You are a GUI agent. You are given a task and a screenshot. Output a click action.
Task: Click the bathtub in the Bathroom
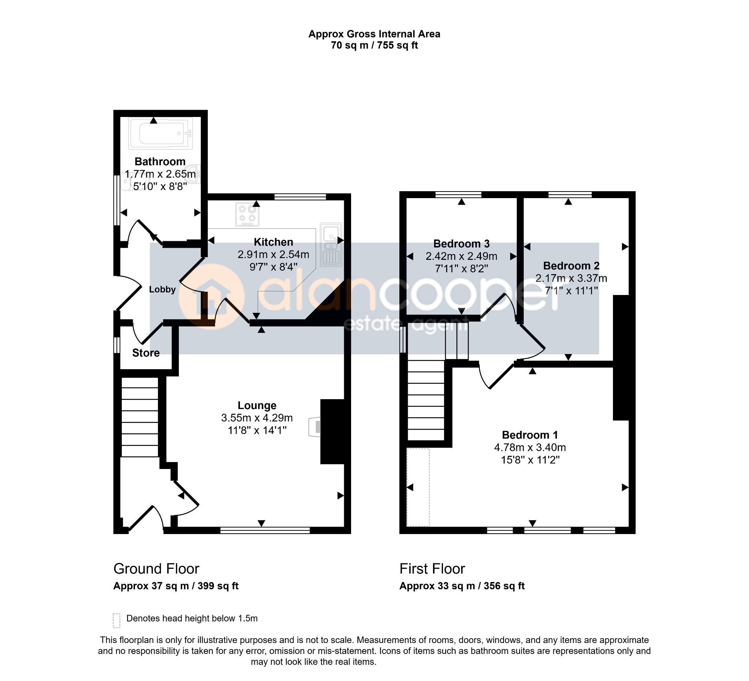(x=161, y=133)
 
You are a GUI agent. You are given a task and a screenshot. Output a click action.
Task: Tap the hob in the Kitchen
(x=248, y=214)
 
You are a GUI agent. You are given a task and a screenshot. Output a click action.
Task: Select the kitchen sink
(x=331, y=245)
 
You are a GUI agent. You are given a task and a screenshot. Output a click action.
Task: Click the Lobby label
(x=162, y=290)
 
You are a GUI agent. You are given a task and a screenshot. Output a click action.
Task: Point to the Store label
(x=146, y=353)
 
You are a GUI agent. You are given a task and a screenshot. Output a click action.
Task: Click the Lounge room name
(x=257, y=405)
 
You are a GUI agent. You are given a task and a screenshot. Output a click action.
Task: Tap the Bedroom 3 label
(x=462, y=244)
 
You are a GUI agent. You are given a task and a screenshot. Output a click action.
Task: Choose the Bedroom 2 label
(x=571, y=266)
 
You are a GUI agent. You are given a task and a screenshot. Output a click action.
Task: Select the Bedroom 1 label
(x=530, y=435)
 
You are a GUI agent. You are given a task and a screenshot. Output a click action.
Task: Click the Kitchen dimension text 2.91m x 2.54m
(x=274, y=254)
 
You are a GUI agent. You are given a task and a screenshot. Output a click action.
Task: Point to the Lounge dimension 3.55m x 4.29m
(x=257, y=418)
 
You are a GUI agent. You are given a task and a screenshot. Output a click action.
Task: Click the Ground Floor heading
(x=157, y=569)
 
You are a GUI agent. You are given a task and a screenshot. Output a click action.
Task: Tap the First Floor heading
(x=432, y=569)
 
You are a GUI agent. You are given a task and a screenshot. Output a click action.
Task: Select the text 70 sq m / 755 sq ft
(x=374, y=45)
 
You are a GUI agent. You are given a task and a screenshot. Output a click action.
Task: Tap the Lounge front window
(x=265, y=530)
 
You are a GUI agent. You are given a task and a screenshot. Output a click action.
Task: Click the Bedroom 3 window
(x=459, y=194)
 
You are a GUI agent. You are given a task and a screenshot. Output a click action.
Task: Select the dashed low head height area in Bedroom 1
(x=418, y=488)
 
